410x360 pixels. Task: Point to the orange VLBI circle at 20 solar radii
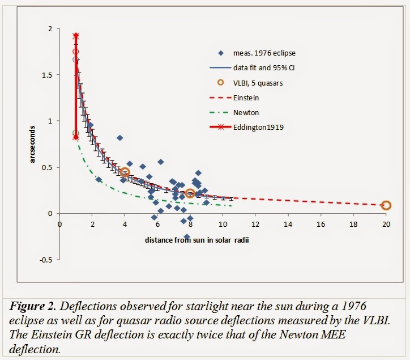coord(386,205)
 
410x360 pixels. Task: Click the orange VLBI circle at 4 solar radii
coord(125,172)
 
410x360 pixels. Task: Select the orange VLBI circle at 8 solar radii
coord(190,193)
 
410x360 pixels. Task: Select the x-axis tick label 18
coord(353,223)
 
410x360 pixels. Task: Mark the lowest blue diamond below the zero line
coord(187,236)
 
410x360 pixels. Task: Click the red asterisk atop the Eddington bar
coord(76,36)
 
